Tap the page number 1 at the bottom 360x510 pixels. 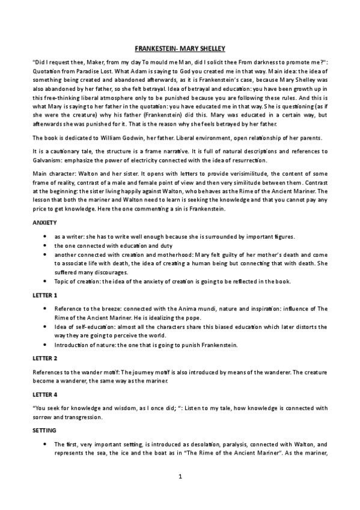[180, 476]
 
